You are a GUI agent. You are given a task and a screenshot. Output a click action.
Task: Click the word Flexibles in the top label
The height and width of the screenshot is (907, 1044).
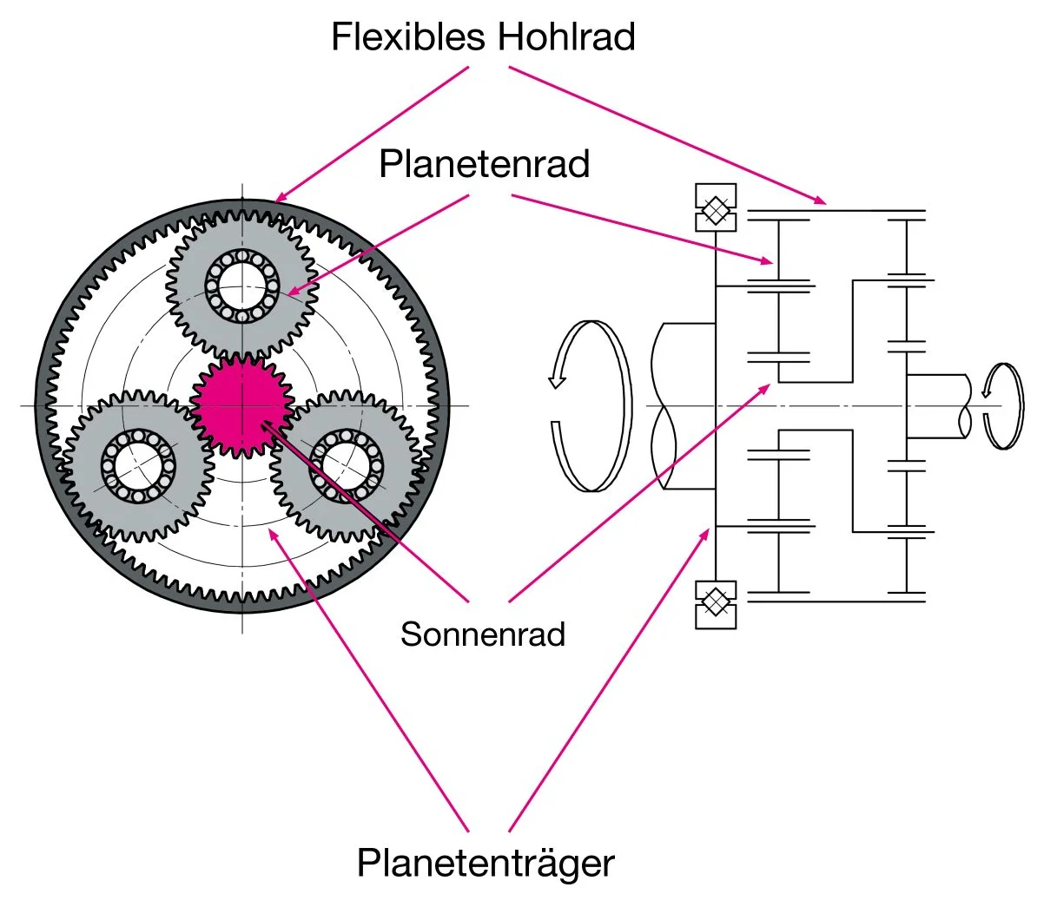tap(406, 36)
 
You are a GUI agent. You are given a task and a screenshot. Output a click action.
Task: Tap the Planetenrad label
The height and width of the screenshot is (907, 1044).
tap(484, 163)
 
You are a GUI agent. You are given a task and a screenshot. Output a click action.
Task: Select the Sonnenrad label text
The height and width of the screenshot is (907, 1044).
tap(483, 634)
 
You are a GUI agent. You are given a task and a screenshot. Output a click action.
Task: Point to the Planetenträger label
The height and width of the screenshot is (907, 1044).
tap(486, 863)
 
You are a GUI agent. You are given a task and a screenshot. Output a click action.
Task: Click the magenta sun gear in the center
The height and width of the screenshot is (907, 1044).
tap(241, 405)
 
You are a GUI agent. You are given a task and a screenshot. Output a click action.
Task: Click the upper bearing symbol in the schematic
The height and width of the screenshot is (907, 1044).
tap(716, 208)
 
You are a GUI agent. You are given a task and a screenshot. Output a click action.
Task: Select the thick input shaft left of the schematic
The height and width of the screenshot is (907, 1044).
tap(686, 405)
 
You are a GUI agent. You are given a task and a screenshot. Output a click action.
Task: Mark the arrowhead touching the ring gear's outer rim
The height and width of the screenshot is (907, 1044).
tap(279, 199)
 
